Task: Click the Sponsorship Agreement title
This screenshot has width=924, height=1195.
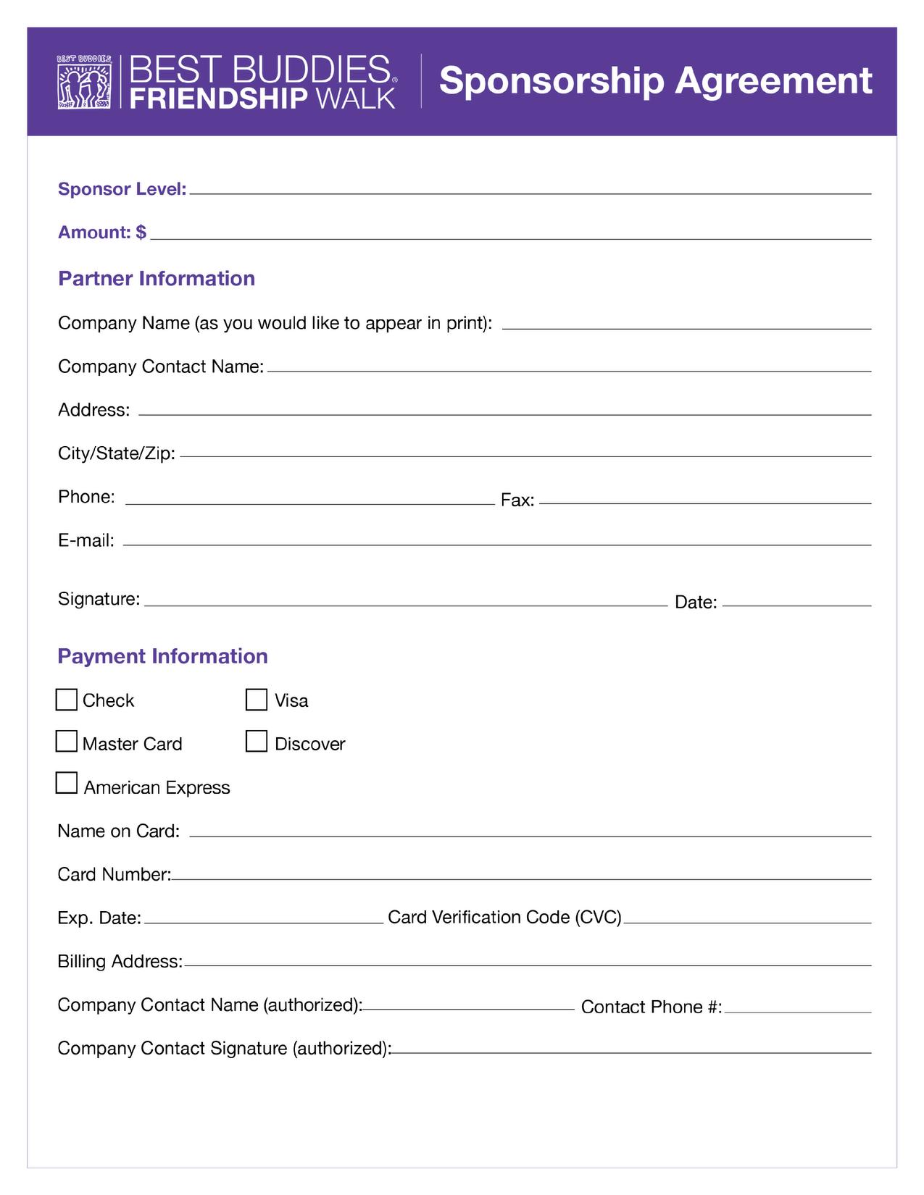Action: click(655, 80)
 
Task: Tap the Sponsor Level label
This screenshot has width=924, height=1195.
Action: click(122, 189)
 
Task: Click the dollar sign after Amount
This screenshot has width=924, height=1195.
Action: click(141, 232)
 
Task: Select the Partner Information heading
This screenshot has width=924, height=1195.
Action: click(157, 279)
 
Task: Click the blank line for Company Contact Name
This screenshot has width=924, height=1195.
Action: click(569, 370)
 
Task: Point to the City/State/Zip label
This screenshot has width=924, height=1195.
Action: click(117, 453)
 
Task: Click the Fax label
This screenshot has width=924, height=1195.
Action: click(517, 500)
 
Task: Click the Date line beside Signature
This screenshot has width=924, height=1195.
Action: click(796, 604)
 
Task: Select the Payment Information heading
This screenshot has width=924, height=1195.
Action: click(162, 656)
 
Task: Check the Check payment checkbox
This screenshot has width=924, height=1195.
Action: click(67, 700)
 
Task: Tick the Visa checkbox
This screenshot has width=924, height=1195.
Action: click(257, 700)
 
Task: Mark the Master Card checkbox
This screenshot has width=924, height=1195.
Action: click(67, 742)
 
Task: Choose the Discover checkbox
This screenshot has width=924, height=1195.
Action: click(257, 742)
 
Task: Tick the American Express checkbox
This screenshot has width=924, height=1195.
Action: click(67, 784)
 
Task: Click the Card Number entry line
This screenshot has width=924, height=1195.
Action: click(521, 878)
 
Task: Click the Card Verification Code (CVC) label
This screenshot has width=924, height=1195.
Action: click(505, 917)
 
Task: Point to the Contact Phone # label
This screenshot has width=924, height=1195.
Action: click(652, 1007)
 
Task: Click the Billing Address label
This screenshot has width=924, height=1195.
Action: click(120, 961)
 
